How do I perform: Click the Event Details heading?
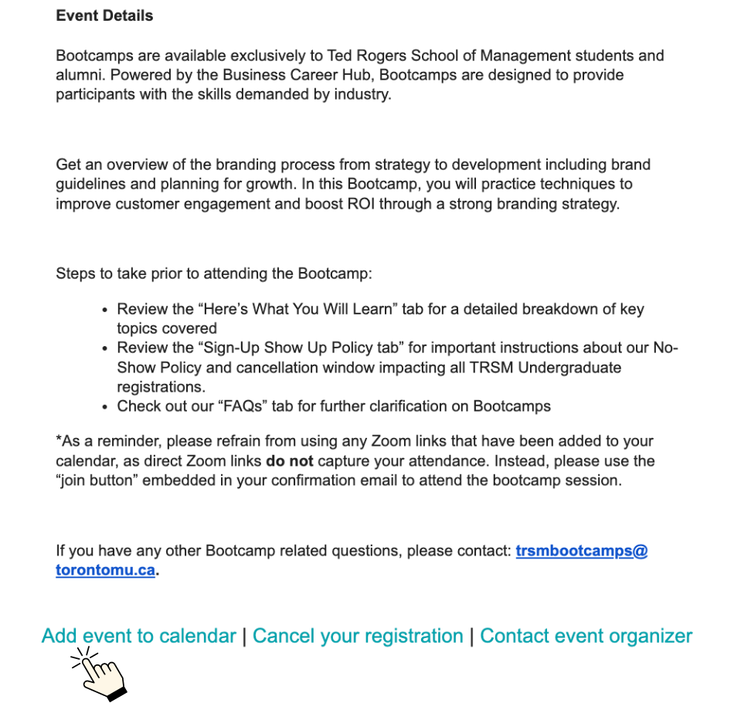pyautogui.click(x=104, y=15)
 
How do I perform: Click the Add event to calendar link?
pyautogui.click(x=139, y=636)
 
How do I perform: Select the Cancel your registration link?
pyautogui.click(x=358, y=636)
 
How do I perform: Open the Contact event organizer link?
pyautogui.click(x=586, y=636)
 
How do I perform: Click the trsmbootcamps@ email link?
pyautogui.click(x=581, y=552)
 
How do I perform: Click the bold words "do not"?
pyautogui.click(x=290, y=461)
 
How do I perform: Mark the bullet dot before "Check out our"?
pyautogui.click(x=105, y=406)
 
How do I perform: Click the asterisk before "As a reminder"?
pyautogui.click(x=59, y=440)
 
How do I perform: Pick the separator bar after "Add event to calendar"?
pyautogui.click(x=244, y=636)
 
